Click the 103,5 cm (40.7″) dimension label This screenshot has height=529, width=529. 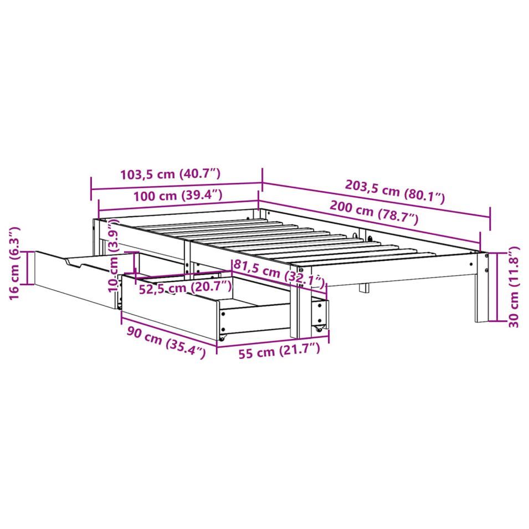coord(171,174)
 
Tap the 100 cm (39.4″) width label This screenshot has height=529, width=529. coord(178,196)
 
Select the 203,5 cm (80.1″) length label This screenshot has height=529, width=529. coord(395,192)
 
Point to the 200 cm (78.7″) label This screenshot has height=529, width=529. coord(374,213)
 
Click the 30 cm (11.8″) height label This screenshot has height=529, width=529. coord(513,287)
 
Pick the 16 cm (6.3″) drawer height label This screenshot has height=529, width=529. coord(14,263)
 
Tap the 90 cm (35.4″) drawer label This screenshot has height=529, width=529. coord(166,342)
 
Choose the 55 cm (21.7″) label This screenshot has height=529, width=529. coord(279,351)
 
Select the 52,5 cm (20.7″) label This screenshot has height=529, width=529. coord(186,287)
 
